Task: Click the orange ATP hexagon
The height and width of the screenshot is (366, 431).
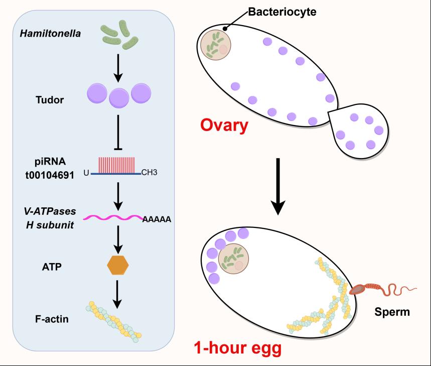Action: [119, 266]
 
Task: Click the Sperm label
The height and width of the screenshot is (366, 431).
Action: [392, 312]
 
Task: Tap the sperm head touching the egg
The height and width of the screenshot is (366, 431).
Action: [358, 290]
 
